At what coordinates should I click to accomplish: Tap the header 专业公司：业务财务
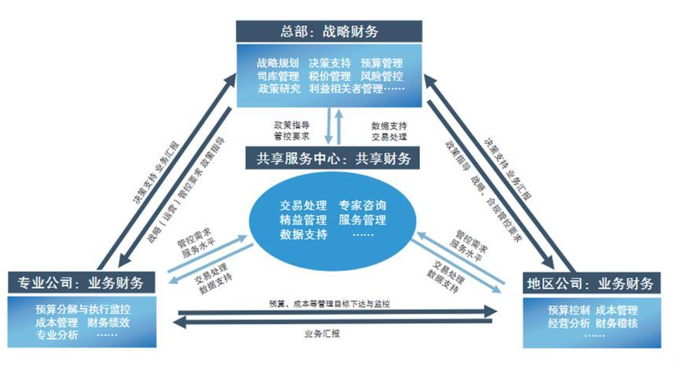pos(84,281)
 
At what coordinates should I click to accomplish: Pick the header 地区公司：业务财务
pos(590,281)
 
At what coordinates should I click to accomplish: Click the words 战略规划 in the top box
pos(277,62)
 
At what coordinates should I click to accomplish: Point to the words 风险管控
pos(382,76)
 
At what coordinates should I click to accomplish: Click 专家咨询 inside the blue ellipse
pos(362,206)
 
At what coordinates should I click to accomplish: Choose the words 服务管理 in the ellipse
pos(362,220)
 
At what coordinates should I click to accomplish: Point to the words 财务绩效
pos(109,321)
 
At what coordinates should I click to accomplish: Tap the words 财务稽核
pos(616,322)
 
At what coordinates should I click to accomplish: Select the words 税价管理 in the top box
pos(329,76)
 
